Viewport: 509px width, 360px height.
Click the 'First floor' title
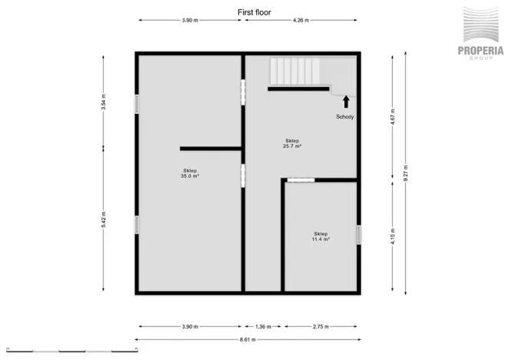point(254,12)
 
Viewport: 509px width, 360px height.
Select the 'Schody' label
point(345,117)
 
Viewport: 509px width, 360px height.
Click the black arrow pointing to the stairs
point(346,100)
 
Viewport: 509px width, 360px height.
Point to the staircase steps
point(294,72)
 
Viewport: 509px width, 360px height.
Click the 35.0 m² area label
point(190,173)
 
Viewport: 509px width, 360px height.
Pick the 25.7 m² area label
point(292,143)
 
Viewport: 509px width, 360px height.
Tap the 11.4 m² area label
point(321,236)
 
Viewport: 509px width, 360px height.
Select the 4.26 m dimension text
point(301,21)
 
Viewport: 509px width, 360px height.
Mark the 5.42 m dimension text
point(104,219)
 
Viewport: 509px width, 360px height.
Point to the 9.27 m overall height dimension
point(408,173)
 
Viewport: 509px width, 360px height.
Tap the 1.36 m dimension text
point(263,326)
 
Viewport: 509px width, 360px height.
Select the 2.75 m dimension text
point(321,326)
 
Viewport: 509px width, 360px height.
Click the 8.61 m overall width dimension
point(246,339)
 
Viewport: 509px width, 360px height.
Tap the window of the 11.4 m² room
point(358,235)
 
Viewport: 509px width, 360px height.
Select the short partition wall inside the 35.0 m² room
point(211,148)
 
